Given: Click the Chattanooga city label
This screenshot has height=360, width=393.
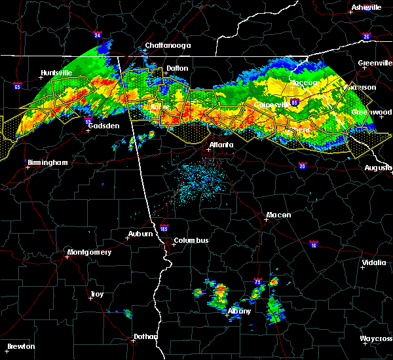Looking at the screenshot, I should tap(167, 46).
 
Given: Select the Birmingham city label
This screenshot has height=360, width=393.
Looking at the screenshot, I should tap(48, 162).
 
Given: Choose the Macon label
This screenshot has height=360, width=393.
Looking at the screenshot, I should tap(278, 215).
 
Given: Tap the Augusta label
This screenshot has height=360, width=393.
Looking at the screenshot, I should tap(378, 168).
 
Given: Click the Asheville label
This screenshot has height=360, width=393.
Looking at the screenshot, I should tap(366, 7).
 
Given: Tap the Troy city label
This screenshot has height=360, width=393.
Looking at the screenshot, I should tap(96, 295).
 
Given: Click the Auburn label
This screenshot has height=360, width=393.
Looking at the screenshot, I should tap(140, 234).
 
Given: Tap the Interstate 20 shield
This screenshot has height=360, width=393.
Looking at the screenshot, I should tap(302, 166).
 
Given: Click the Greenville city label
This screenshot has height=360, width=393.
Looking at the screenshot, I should tap(374, 63).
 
